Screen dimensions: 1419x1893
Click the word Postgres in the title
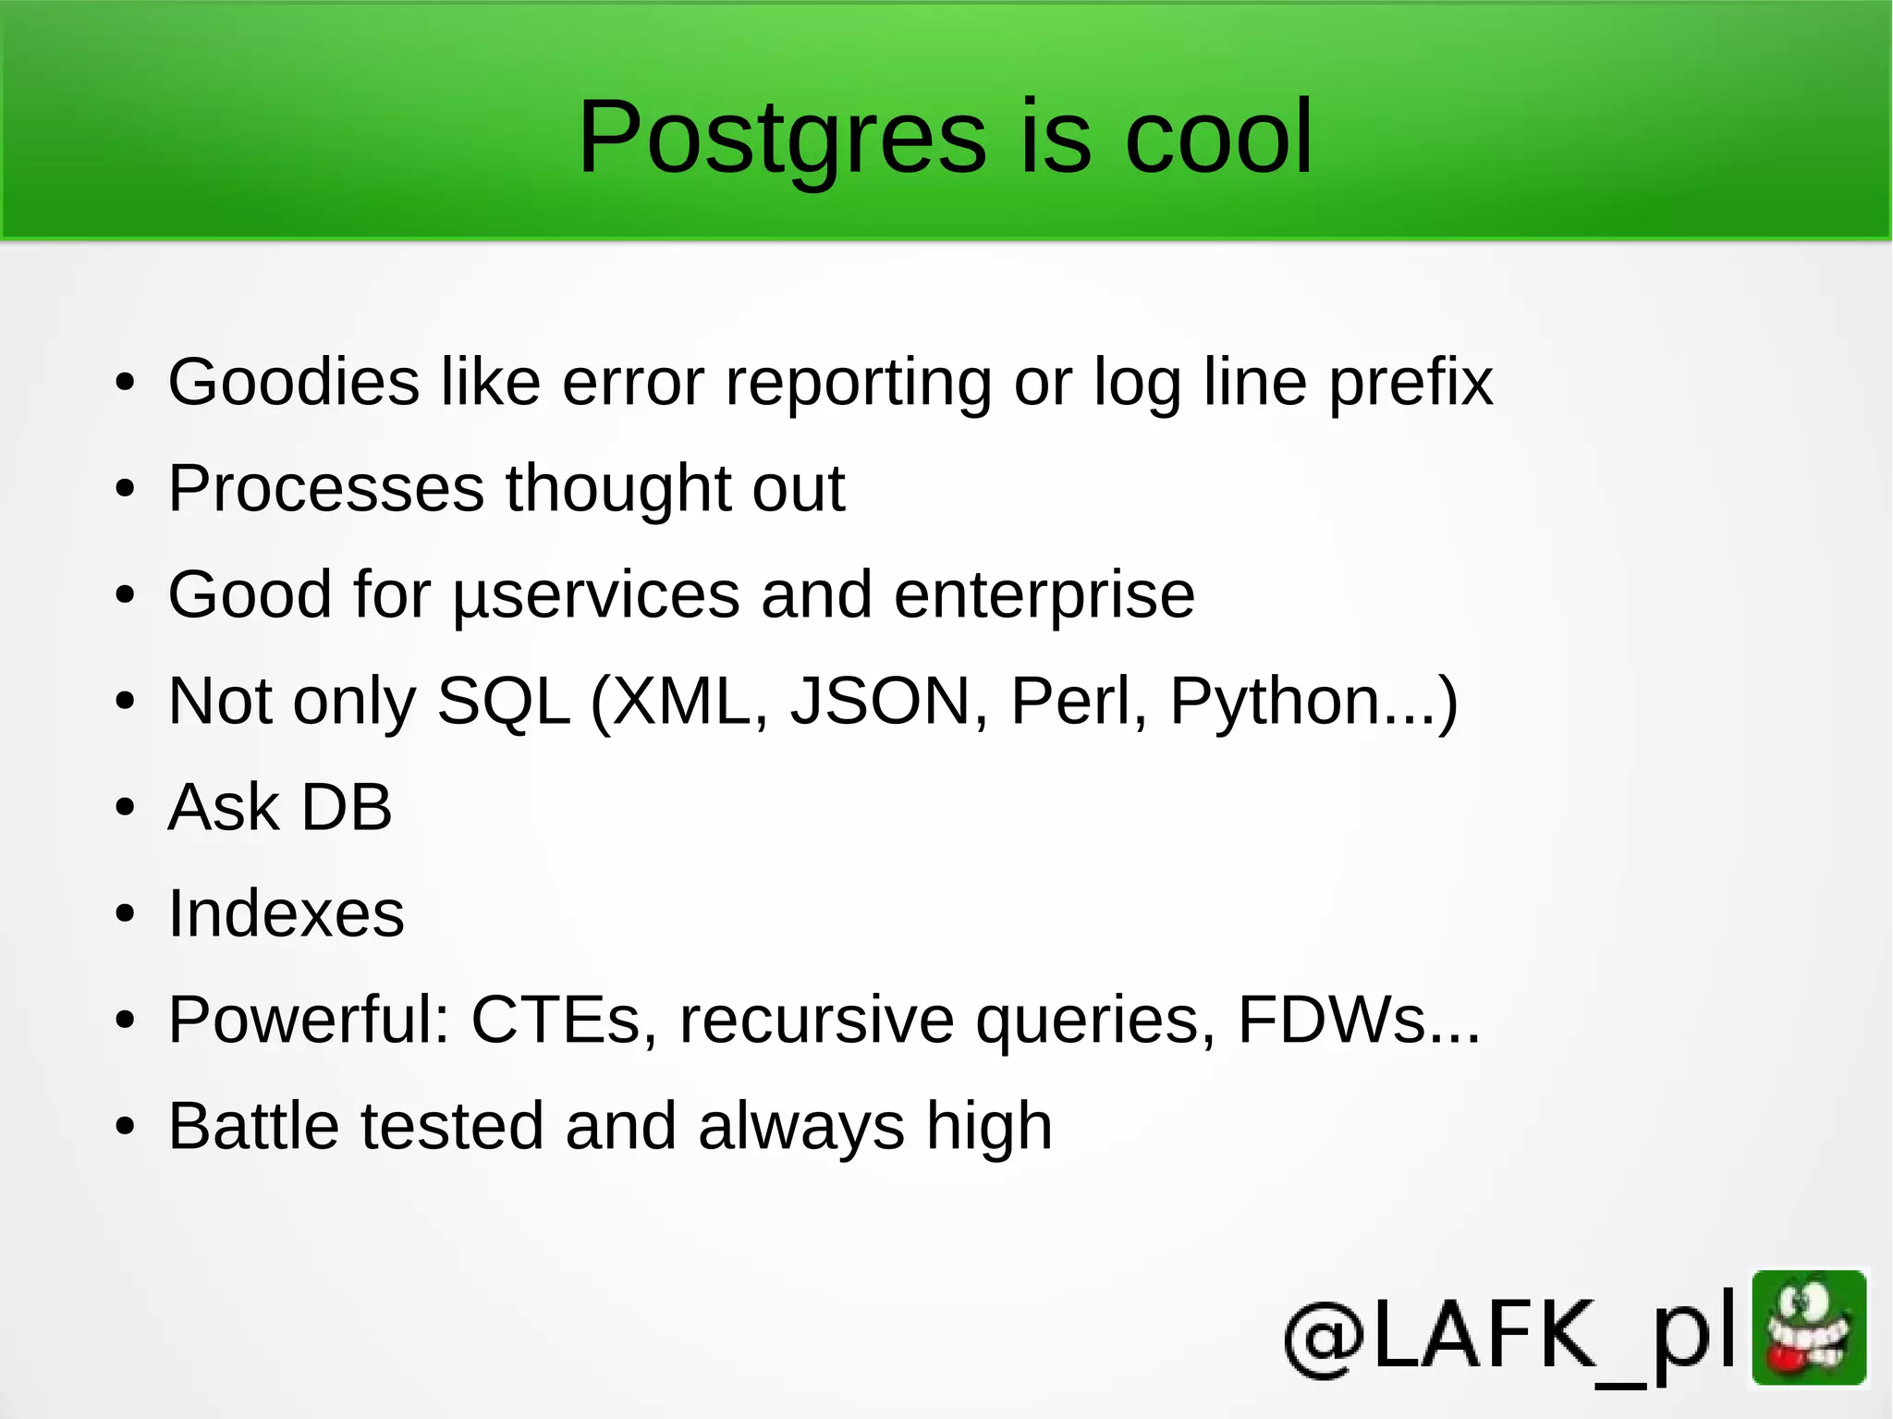[782, 139]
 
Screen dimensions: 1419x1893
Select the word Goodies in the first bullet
[294, 382]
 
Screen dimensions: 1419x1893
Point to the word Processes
[326, 488]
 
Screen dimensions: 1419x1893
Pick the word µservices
[596, 596]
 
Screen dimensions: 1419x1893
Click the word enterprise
[1044, 596]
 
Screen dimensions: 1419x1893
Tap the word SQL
[503, 702]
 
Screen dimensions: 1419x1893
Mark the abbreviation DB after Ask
[347, 807]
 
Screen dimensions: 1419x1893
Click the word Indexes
[287, 914]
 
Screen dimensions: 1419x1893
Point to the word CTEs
[556, 1021]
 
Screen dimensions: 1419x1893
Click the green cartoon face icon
[1809, 1327]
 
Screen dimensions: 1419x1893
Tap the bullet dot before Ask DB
[125, 808]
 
